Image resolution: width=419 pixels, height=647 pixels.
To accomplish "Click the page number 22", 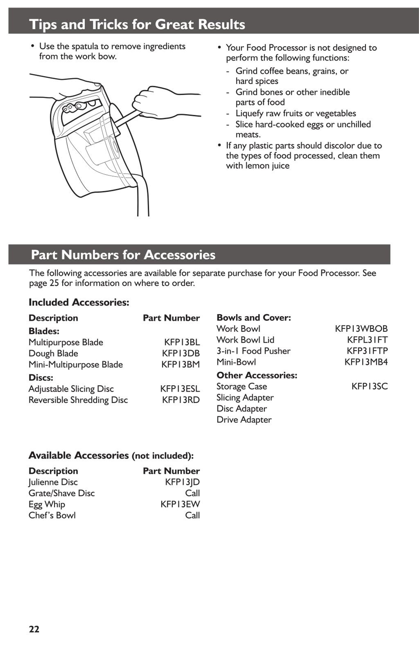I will point(34,629).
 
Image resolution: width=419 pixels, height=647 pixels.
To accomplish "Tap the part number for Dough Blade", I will point(181,353).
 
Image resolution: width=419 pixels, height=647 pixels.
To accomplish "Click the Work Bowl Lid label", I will point(245,340).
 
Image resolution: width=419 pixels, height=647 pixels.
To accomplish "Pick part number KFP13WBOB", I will point(361,329).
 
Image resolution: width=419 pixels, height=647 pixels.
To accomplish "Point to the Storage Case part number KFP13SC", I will point(369,386).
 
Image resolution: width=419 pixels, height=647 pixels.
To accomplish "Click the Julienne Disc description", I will point(53,482).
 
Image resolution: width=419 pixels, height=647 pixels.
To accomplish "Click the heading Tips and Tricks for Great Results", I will point(137,24).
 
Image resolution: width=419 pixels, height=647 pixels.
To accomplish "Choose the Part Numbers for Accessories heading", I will point(123,255).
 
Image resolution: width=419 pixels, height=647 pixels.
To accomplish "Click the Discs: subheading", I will point(41,378).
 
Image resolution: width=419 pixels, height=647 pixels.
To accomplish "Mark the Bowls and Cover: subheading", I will point(254,318).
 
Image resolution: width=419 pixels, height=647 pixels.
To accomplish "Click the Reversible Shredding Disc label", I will point(78,400).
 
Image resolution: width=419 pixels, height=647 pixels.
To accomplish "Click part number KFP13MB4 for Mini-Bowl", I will point(366,362).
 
